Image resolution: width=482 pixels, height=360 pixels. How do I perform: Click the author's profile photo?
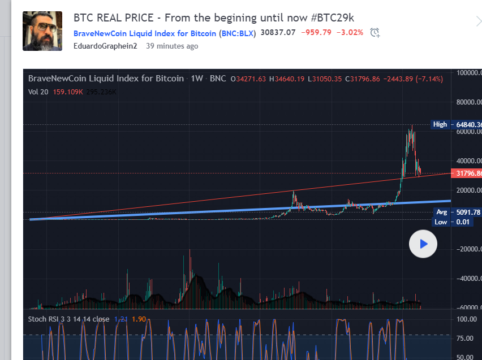(x=42, y=31)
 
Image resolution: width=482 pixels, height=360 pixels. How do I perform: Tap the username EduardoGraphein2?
(x=106, y=46)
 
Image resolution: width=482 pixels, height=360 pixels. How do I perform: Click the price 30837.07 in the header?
(x=278, y=33)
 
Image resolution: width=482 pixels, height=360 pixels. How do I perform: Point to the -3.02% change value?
(x=350, y=33)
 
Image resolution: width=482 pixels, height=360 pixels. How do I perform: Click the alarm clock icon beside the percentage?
(x=375, y=33)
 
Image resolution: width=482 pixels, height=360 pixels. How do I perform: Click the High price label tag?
(x=440, y=124)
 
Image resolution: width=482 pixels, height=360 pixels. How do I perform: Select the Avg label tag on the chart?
(x=441, y=212)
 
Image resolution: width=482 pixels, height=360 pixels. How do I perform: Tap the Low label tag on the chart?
(x=441, y=222)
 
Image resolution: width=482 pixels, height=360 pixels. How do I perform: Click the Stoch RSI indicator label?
(x=68, y=319)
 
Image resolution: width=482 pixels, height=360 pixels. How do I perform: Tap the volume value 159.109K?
(x=67, y=91)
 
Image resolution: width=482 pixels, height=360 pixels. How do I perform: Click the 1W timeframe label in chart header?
(x=197, y=79)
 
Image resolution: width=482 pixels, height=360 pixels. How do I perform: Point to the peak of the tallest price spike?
(x=412, y=125)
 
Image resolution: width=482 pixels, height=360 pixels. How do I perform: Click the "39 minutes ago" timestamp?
(x=172, y=46)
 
